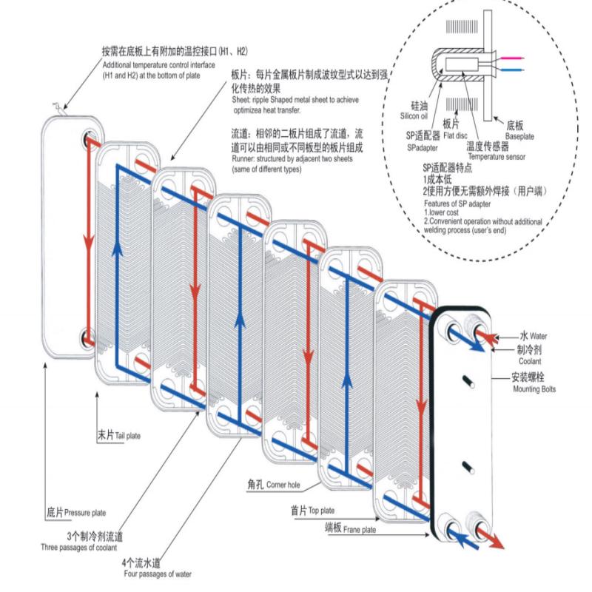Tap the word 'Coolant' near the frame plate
click(x=529, y=361)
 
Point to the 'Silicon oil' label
click(x=414, y=116)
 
